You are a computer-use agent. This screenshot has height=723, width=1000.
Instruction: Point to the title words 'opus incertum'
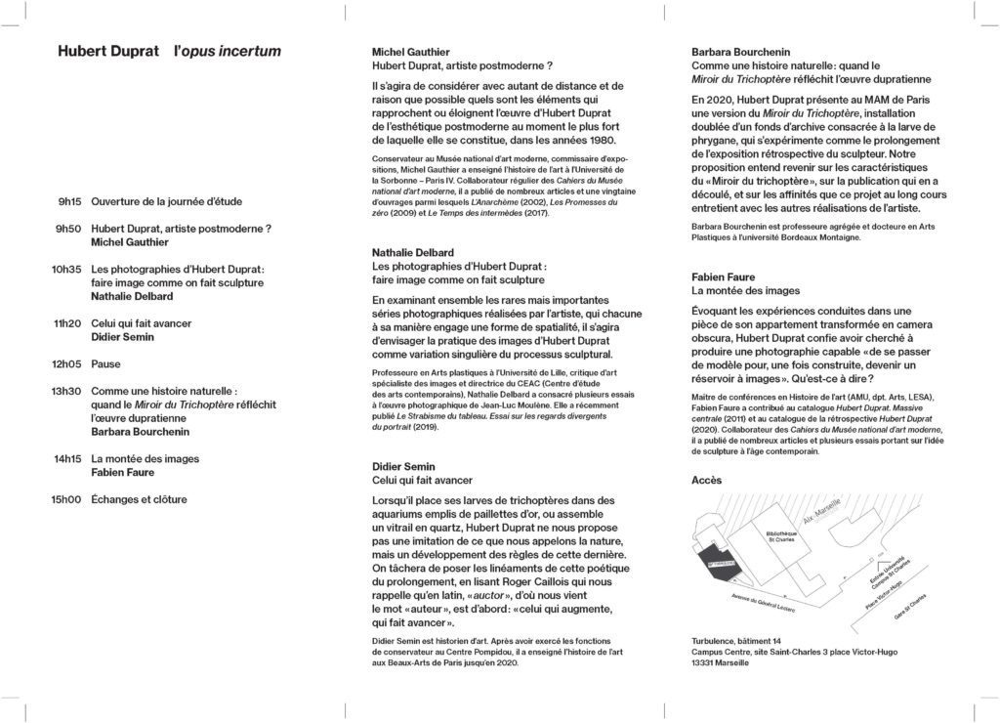click(x=227, y=51)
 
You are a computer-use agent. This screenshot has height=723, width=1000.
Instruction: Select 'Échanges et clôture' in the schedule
click(x=139, y=499)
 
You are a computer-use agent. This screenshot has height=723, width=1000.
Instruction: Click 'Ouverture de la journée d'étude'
click(x=166, y=201)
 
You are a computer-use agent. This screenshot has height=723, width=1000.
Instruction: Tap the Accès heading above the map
click(x=706, y=480)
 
